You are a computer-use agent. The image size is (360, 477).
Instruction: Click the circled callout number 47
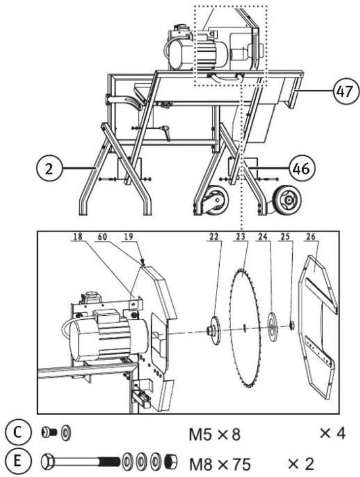tap(344, 91)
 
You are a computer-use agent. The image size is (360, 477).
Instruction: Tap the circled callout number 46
tap(300, 168)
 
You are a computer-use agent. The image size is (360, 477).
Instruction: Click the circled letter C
tap(18, 432)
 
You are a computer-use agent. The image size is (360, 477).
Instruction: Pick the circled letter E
tap(18, 461)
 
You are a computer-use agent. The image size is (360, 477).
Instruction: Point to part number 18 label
tap(78, 236)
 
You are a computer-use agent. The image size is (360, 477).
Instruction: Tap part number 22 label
tap(214, 236)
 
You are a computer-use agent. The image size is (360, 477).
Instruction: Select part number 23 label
tap(241, 236)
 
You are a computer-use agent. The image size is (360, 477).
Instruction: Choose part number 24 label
tap(263, 236)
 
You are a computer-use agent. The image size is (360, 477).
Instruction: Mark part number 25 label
tap(285, 236)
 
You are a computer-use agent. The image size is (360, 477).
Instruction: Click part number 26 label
tap(310, 236)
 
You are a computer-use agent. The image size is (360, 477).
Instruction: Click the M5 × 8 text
tap(214, 435)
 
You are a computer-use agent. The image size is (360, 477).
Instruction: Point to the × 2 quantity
tap(301, 463)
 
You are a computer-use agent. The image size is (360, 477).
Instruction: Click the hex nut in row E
tap(171, 462)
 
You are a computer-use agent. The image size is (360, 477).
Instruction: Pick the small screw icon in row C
tap(49, 432)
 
